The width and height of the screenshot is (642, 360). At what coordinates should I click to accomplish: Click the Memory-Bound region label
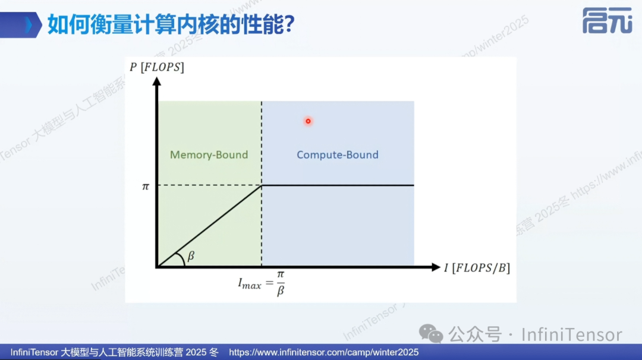[x=209, y=155]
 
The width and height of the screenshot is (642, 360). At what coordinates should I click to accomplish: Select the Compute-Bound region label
[x=337, y=155]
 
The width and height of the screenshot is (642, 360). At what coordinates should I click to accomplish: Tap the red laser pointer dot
[x=308, y=121]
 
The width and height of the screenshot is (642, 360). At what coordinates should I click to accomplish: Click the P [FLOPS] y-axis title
[x=157, y=67]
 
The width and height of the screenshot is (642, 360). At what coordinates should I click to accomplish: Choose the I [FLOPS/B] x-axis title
[x=477, y=267]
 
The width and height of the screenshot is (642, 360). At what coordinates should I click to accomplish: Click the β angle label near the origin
[x=191, y=257]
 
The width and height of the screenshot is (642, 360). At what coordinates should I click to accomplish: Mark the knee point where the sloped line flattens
[x=262, y=186]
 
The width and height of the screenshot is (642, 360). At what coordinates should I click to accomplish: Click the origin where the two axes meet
[x=157, y=267]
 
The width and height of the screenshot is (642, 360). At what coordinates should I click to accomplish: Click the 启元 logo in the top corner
[x=607, y=21]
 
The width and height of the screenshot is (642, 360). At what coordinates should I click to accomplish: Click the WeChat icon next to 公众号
[x=432, y=334]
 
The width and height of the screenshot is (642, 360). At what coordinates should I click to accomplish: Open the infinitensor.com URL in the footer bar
[x=323, y=352]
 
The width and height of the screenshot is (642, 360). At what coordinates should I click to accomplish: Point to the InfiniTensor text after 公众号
[x=571, y=334]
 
